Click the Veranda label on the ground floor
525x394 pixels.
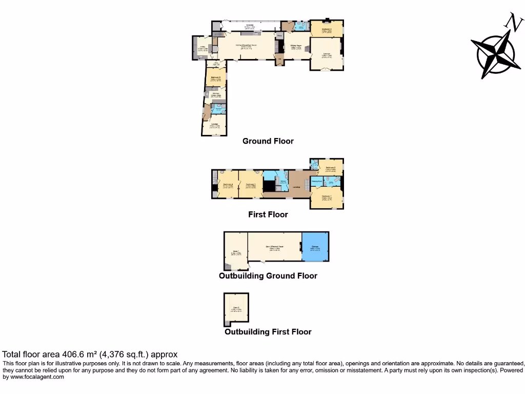(x=250, y=25)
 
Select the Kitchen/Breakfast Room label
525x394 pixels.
(x=246, y=45)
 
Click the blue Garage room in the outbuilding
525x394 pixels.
(x=315, y=248)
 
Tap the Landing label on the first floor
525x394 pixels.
(x=296, y=187)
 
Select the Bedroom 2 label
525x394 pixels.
(x=331, y=167)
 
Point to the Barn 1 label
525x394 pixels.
(x=236, y=251)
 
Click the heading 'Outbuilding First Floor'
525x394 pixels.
(x=268, y=332)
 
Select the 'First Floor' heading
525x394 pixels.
(x=268, y=214)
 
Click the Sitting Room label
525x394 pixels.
(x=296, y=46)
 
